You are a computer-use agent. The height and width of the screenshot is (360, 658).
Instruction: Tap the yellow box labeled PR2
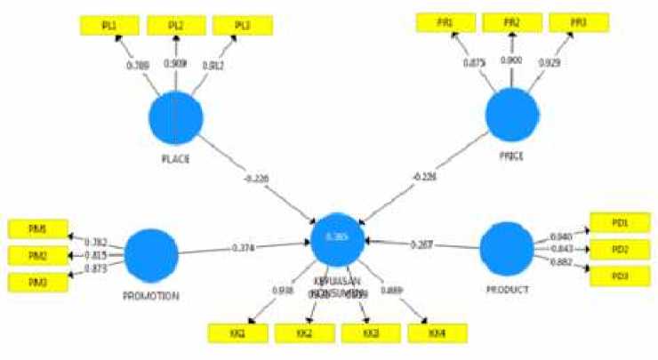[x=510, y=22]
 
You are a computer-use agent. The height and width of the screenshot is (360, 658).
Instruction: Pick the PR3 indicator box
[x=578, y=22]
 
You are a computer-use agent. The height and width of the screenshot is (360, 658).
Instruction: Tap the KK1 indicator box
[x=237, y=333]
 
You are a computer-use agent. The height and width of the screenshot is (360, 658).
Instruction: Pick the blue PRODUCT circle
[x=506, y=248]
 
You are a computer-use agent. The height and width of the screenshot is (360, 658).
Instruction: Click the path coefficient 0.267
[x=421, y=244]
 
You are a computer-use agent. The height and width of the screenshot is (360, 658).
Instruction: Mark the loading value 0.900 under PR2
[x=511, y=60]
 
